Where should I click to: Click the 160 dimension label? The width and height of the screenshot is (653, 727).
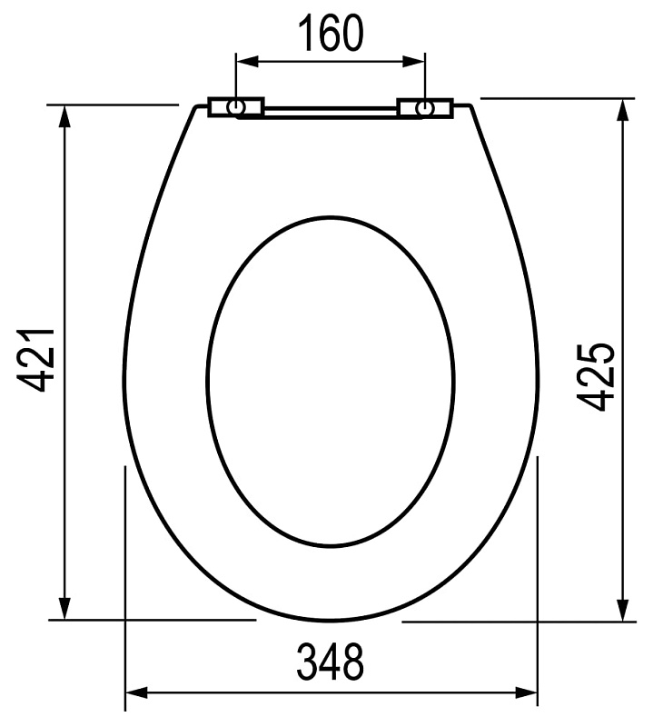coord(331,33)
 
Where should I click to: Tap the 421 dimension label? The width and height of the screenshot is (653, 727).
coord(36,360)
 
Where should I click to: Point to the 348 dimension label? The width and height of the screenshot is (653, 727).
coord(330,662)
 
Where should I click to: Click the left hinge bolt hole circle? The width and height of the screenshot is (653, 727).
coord(236,107)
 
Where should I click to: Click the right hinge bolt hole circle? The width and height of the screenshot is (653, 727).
coord(424,108)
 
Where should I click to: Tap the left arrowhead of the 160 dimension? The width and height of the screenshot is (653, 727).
coord(247,62)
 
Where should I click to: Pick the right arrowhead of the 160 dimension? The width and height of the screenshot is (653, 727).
coord(413,62)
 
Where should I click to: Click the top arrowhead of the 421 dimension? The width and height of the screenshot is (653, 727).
coord(64,116)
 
